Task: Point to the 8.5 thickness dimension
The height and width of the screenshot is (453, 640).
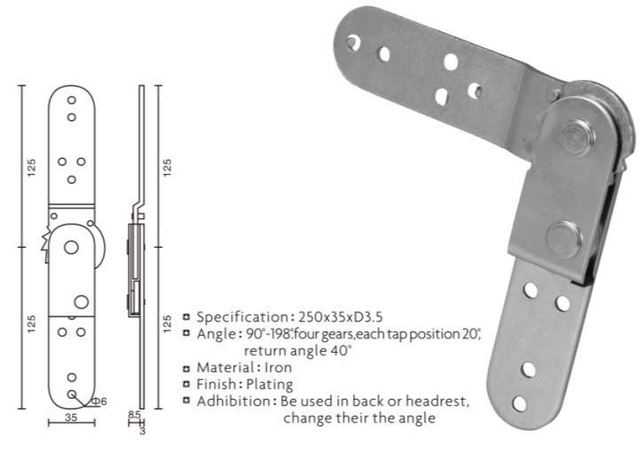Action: pyautogui.click(x=133, y=414)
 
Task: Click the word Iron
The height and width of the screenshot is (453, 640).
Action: pyautogui.click(x=273, y=367)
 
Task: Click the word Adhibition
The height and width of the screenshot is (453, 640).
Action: pyautogui.click(x=233, y=401)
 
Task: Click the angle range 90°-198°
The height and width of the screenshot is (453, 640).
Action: pyautogui.click(x=272, y=333)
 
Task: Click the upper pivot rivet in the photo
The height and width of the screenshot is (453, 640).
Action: pyautogui.click(x=577, y=135)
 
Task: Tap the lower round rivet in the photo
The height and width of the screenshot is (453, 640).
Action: pyautogui.click(x=563, y=238)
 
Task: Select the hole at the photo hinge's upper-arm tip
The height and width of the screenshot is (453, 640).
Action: pyautogui.click(x=353, y=41)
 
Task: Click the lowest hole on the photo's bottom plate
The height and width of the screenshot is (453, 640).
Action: pyautogui.click(x=519, y=403)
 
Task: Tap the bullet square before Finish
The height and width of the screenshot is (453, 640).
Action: pyautogui.click(x=187, y=384)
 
